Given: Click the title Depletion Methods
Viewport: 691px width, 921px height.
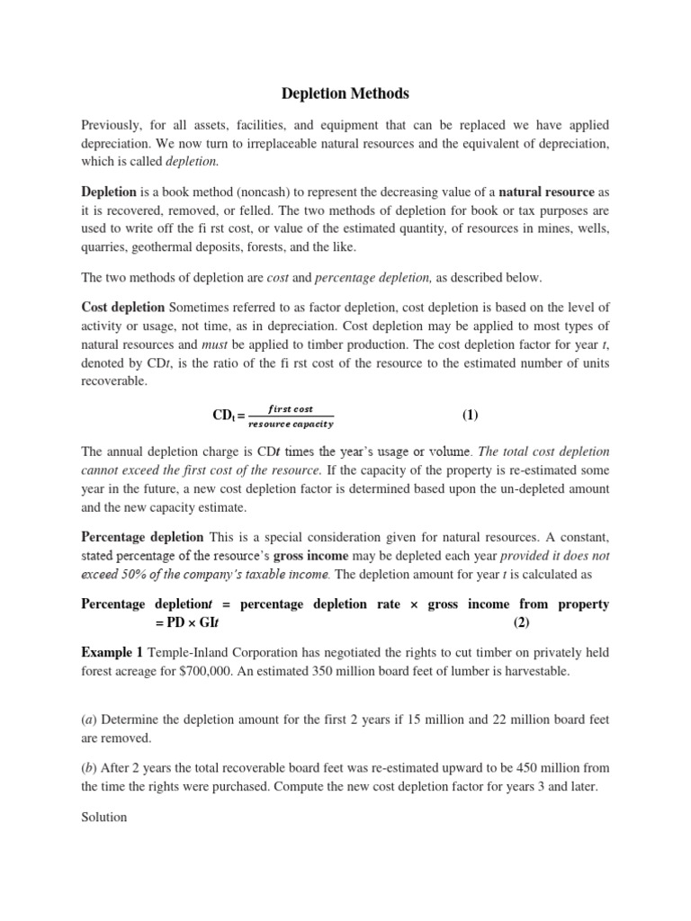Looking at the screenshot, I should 345,93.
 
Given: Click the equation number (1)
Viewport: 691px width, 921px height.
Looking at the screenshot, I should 471,415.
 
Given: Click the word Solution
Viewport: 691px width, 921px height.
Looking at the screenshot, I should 103,818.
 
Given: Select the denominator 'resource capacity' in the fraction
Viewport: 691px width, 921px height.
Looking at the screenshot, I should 290,424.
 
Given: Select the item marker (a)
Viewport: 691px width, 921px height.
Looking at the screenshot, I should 89,720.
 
